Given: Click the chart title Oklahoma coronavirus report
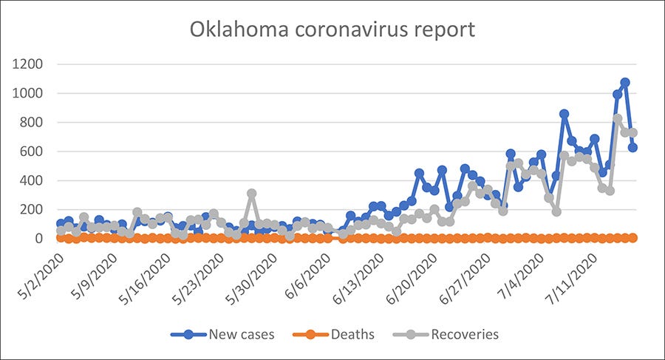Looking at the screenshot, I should click(332, 30).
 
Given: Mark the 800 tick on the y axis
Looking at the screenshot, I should click(34, 122).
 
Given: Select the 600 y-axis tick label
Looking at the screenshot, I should click(34, 152).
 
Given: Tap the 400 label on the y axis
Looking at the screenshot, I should click(34, 180).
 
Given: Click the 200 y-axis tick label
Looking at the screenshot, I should click(34, 209).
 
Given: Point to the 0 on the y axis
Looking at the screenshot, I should click(41, 239).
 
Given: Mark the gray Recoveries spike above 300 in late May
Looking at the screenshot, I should click(252, 194).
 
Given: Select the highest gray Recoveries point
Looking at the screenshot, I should click(618, 118).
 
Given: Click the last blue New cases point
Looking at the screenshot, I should click(633, 147).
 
